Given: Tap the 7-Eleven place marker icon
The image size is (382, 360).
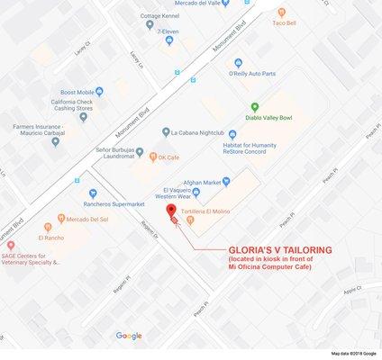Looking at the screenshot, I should (x=168, y=40).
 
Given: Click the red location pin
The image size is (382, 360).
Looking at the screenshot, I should (x=170, y=210).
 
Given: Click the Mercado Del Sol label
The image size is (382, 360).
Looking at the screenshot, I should (x=86, y=218).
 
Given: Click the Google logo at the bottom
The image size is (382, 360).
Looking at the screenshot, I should (x=129, y=336).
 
